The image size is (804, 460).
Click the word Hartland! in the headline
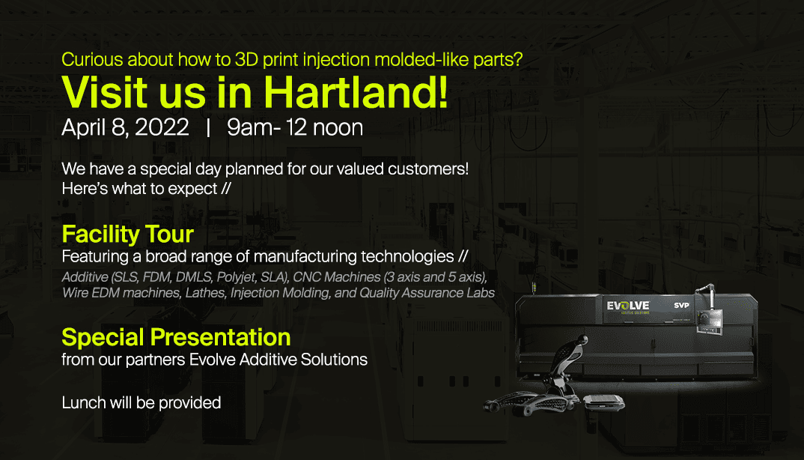click(356, 92)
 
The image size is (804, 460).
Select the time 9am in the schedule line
click(250, 127)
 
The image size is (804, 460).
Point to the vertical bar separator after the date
click(207, 128)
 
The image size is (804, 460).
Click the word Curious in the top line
click(92, 59)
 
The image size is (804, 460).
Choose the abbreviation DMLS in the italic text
click(194, 277)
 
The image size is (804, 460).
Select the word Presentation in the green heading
click(221, 338)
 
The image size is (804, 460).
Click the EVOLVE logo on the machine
click(627, 307)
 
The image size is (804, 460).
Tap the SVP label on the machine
click(681, 306)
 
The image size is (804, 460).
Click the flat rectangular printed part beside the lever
click(604, 402)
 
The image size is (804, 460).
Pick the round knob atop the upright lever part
click(582, 339)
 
